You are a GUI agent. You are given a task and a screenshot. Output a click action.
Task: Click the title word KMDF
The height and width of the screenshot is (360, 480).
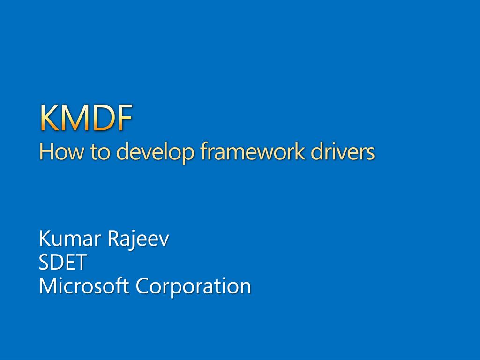point(86,118)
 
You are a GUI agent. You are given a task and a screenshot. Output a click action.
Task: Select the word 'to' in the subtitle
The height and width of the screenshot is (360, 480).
point(100,152)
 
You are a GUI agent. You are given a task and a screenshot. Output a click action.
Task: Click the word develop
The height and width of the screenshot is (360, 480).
point(156,153)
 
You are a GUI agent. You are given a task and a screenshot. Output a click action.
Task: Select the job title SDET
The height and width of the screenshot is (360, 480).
point(62,262)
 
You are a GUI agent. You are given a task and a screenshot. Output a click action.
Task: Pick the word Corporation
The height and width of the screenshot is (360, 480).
point(193,287)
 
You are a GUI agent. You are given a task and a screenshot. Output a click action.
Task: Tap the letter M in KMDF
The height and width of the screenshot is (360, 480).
point(75,118)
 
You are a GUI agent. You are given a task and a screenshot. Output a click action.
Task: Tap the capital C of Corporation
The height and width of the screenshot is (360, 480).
point(142,286)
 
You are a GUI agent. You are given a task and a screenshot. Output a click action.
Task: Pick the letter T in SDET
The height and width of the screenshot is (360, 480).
point(80,262)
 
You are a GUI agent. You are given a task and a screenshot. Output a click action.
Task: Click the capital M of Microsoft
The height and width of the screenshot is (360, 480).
point(48,286)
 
